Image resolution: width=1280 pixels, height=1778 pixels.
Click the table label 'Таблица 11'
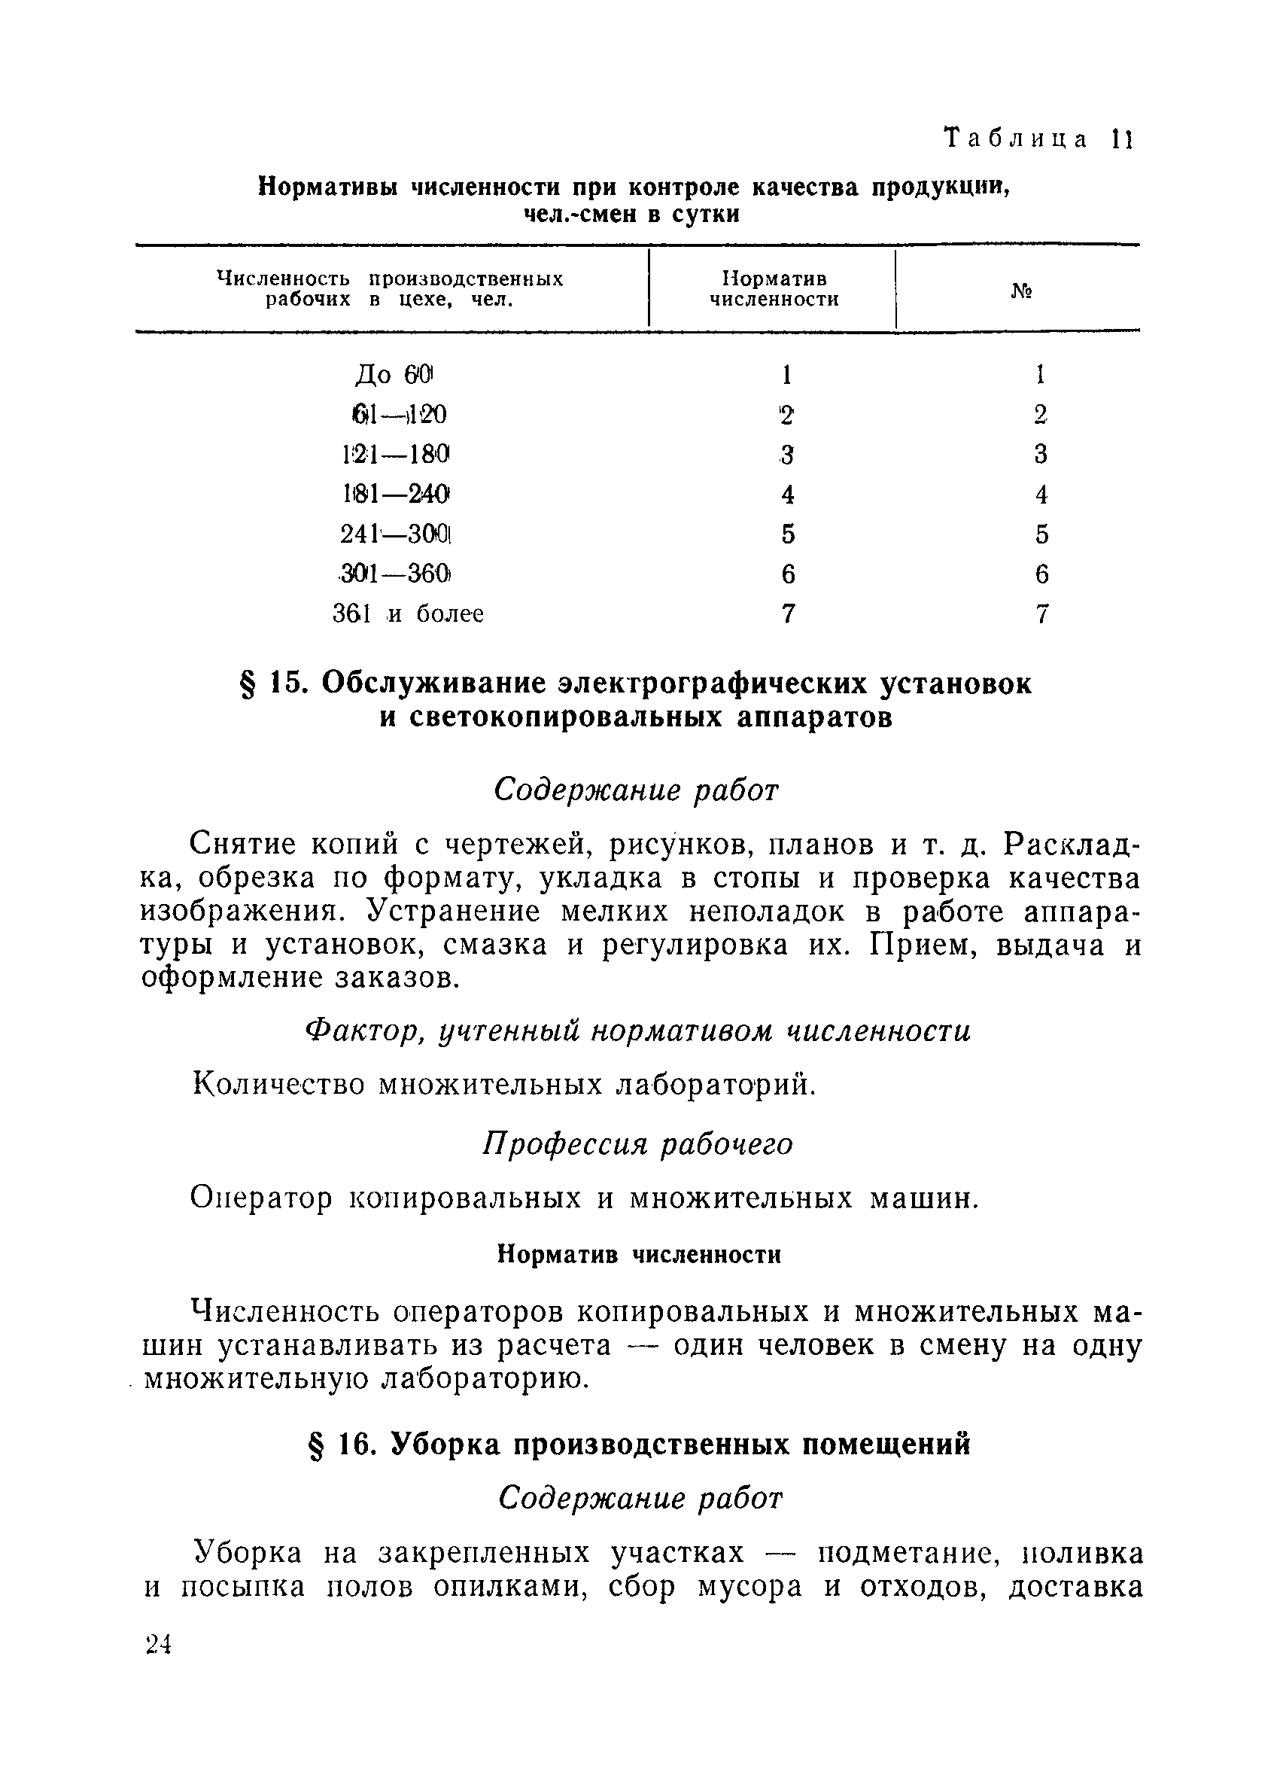point(1038,139)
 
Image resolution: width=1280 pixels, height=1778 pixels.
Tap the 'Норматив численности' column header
point(774,289)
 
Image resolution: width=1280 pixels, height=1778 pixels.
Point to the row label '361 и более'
point(408,613)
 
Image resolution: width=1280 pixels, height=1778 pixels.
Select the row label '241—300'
point(397,534)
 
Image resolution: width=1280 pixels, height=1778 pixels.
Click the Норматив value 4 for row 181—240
point(788,494)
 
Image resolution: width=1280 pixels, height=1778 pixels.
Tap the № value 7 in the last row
point(1041,613)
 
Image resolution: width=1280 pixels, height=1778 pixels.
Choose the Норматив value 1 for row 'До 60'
point(787,375)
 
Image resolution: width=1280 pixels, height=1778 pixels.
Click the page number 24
point(158,1644)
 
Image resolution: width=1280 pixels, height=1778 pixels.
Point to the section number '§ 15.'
point(269,683)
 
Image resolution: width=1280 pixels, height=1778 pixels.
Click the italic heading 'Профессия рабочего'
point(637,1143)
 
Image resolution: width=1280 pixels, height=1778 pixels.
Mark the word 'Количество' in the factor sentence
point(278,1085)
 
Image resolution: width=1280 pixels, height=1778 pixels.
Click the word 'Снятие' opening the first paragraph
point(242,844)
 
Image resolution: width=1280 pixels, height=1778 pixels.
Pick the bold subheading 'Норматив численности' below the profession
point(640,1254)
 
